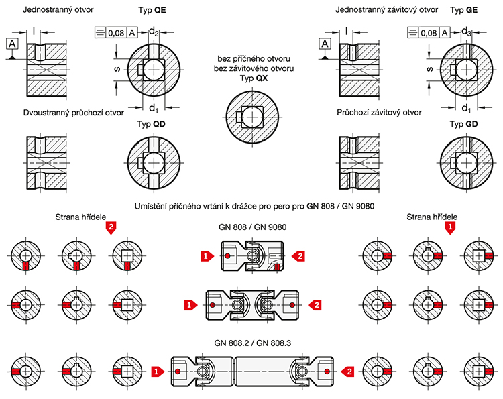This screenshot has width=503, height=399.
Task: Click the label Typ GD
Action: coord(464,125)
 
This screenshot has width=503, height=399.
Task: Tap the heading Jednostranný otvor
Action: coord(58,11)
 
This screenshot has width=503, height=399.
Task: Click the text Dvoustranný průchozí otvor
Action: coord(73,113)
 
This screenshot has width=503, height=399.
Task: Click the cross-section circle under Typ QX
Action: coord(251,115)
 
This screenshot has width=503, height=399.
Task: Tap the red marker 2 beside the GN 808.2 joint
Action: coord(347,370)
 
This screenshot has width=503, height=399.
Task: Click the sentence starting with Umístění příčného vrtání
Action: coord(251,204)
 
